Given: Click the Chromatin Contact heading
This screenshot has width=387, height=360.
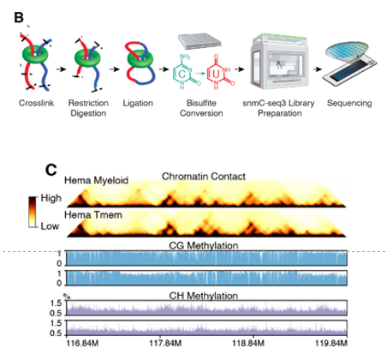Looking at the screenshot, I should [204, 176].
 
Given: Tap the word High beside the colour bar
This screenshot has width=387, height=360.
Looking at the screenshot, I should [48, 197].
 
